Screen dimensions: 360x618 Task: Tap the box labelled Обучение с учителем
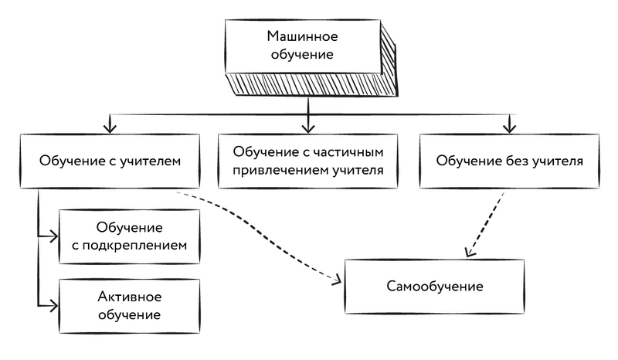click(110, 162)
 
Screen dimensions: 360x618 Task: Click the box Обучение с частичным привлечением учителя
click(309, 162)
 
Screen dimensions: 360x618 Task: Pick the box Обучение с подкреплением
click(129, 237)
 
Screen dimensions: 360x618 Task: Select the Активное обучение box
click(129, 306)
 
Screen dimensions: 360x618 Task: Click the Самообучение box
click(434, 287)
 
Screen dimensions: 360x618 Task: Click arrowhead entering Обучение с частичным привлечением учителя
click(309, 125)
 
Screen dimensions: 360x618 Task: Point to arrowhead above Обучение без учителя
click(508, 125)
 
